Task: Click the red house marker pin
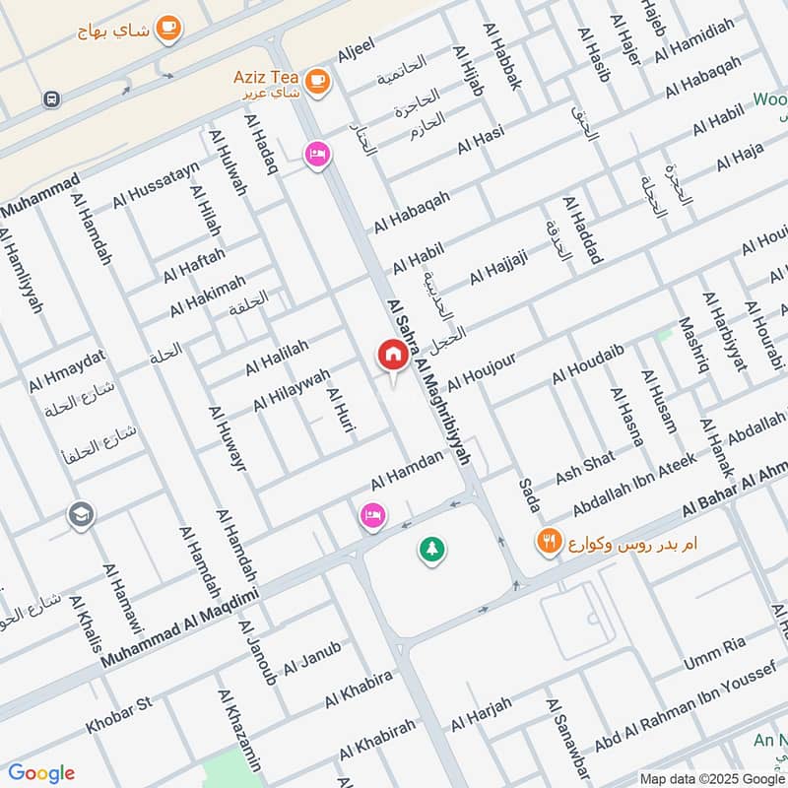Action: (392, 355)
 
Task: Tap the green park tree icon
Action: (430, 549)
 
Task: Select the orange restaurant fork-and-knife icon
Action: (549, 541)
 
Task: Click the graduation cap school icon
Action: (80, 514)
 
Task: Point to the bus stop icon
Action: (51, 98)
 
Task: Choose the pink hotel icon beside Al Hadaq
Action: (316, 156)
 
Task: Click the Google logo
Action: (41, 773)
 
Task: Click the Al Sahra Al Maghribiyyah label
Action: (429, 384)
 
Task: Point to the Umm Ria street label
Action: (721, 647)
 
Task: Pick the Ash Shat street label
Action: (585, 467)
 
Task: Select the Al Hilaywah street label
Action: (292, 390)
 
